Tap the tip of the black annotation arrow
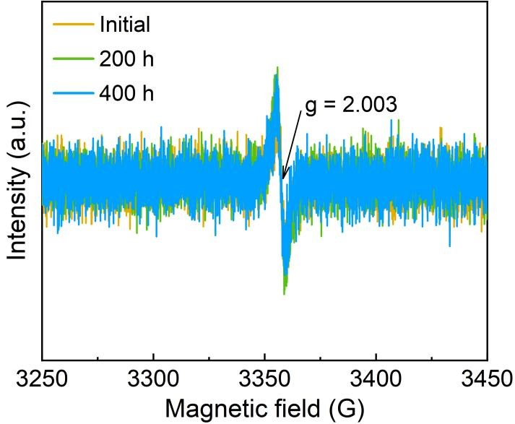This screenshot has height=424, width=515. tap(284, 178)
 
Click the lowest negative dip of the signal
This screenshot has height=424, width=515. tap(285, 293)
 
